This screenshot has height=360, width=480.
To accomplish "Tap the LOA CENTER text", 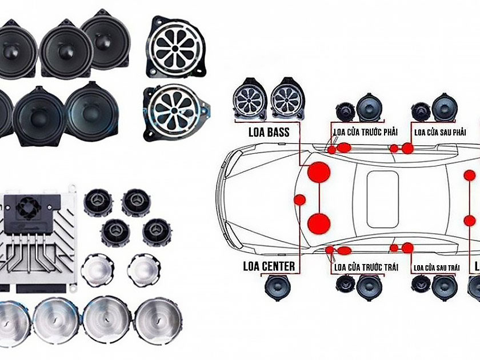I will click(x=269, y=266).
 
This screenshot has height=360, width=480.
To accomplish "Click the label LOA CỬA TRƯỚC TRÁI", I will click(x=365, y=267).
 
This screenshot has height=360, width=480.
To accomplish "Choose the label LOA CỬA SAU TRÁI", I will click(x=437, y=267).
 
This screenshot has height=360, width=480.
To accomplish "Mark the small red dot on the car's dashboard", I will click(x=299, y=199).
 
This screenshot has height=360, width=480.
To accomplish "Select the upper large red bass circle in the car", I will click(x=319, y=172).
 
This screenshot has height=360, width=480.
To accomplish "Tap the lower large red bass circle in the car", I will click(x=319, y=223).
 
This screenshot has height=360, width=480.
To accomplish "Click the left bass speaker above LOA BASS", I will click(x=249, y=98).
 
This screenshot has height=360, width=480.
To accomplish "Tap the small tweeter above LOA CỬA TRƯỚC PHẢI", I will click(x=345, y=111).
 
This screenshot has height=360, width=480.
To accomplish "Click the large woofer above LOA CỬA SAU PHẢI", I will click(x=444, y=107).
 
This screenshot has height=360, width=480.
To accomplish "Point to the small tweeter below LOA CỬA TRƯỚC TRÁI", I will click(x=345, y=284).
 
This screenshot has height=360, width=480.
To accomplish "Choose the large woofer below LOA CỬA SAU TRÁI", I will click(x=444, y=287).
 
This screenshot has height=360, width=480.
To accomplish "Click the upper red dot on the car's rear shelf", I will click(x=469, y=175).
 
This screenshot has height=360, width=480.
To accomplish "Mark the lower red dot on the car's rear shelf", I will click(x=469, y=220).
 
